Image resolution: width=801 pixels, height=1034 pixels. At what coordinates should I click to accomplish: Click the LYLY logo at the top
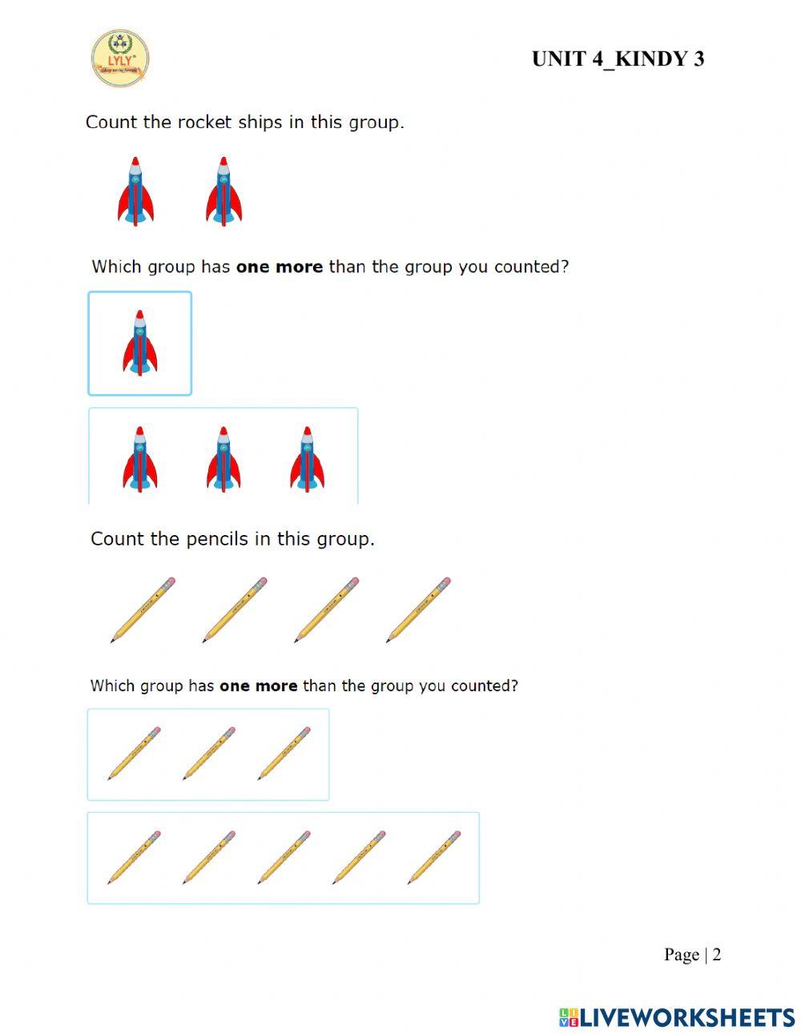[x=120, y=58]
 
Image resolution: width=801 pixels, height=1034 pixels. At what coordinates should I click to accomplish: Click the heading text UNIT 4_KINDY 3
[x=618, y=59]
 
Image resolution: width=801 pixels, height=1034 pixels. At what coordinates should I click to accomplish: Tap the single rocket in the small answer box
[x=139, y=343]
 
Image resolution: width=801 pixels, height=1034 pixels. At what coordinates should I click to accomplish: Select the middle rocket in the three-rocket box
[x=223, y=458]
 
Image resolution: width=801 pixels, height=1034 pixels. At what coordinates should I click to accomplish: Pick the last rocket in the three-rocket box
[x=307, y=458]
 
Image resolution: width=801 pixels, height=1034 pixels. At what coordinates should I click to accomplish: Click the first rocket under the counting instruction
[x=135, y=191]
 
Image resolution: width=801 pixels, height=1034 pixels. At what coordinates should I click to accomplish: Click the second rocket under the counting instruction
[x=223, y=191]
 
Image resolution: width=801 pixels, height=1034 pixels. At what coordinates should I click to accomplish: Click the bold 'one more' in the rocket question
[x=280, y=267]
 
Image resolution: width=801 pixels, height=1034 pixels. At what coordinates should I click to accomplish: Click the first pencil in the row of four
[x=143, y=610]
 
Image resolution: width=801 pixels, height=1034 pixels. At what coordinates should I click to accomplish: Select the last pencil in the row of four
[x=419, y=610]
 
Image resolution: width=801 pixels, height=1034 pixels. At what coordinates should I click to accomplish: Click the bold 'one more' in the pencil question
[x=258, y=686]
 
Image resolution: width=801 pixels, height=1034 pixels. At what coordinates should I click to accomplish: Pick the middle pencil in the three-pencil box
[x=208, y=754]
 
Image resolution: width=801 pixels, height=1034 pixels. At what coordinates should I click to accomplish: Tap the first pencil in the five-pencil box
[x=134, y=857]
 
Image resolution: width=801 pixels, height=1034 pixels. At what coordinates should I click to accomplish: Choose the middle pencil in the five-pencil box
[x=284, y=857]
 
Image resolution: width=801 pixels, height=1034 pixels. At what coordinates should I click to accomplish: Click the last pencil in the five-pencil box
[x=434, y=857]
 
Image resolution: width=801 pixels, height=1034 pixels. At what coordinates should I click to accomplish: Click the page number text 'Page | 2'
[x=692, y=955]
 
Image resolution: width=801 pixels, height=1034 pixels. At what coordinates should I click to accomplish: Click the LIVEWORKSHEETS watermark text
[x=686, y=1017]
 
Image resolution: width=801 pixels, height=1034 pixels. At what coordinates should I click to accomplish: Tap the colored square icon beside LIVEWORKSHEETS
[x=568, y=1017]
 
